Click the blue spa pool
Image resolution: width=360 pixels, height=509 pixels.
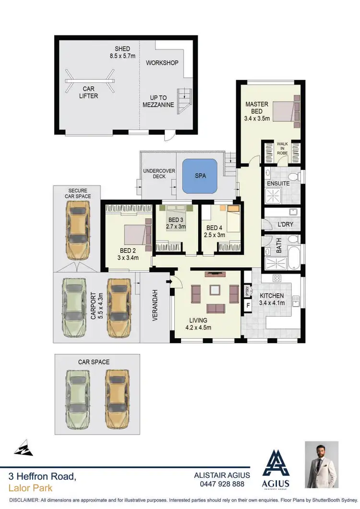[200, 176]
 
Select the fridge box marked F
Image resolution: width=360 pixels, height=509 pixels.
[248, 305]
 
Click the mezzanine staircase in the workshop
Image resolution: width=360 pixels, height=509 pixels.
[184, 101]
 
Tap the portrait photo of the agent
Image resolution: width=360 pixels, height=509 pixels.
[322, 465]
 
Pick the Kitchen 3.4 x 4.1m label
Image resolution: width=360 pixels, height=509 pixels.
[271, 299]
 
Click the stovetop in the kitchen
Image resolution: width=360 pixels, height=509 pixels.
[277, 278]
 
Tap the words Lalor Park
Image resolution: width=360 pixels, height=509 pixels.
[30, 488]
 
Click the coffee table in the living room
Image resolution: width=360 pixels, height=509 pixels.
[215, 289]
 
